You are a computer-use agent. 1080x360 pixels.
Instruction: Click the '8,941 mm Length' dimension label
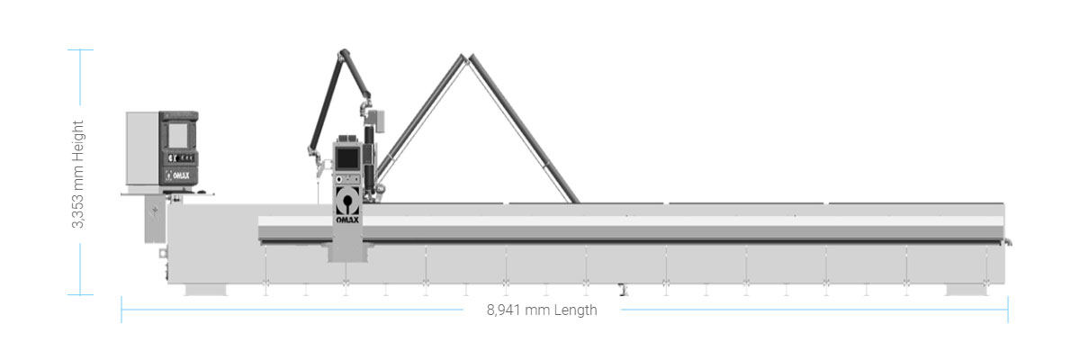point(542,310)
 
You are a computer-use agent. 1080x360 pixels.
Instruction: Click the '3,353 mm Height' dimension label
point(77,174)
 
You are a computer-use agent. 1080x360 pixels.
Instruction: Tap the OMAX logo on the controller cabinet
point(178,175)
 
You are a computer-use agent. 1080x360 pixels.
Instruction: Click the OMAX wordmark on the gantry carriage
point(347,220)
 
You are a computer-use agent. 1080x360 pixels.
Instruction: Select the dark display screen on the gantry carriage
point(347,158)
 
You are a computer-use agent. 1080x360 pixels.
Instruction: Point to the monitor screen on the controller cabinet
point(177,135)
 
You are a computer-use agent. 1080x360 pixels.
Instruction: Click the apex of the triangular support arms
point(466,58)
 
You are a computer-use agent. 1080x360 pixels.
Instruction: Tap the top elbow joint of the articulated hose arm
point(343,53)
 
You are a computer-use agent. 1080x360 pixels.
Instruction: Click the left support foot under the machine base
point(206,290)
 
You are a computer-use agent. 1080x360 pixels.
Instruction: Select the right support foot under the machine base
point(967,290)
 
